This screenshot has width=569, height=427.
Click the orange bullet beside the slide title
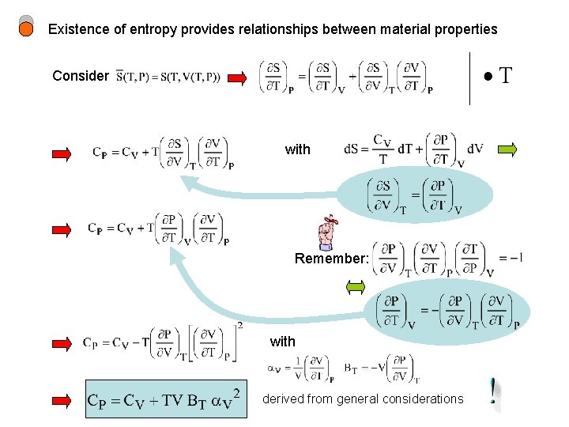26,30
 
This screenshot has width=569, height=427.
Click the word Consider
80,77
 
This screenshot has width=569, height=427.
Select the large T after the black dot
505,77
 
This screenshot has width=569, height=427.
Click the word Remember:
331,259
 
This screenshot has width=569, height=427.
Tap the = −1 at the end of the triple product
511,258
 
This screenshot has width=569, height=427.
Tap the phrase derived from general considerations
363,399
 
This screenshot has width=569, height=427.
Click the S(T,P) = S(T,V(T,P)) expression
168,77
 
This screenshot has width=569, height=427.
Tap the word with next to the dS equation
297,149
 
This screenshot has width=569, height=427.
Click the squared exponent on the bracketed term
239,326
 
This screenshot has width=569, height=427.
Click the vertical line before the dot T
469,77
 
